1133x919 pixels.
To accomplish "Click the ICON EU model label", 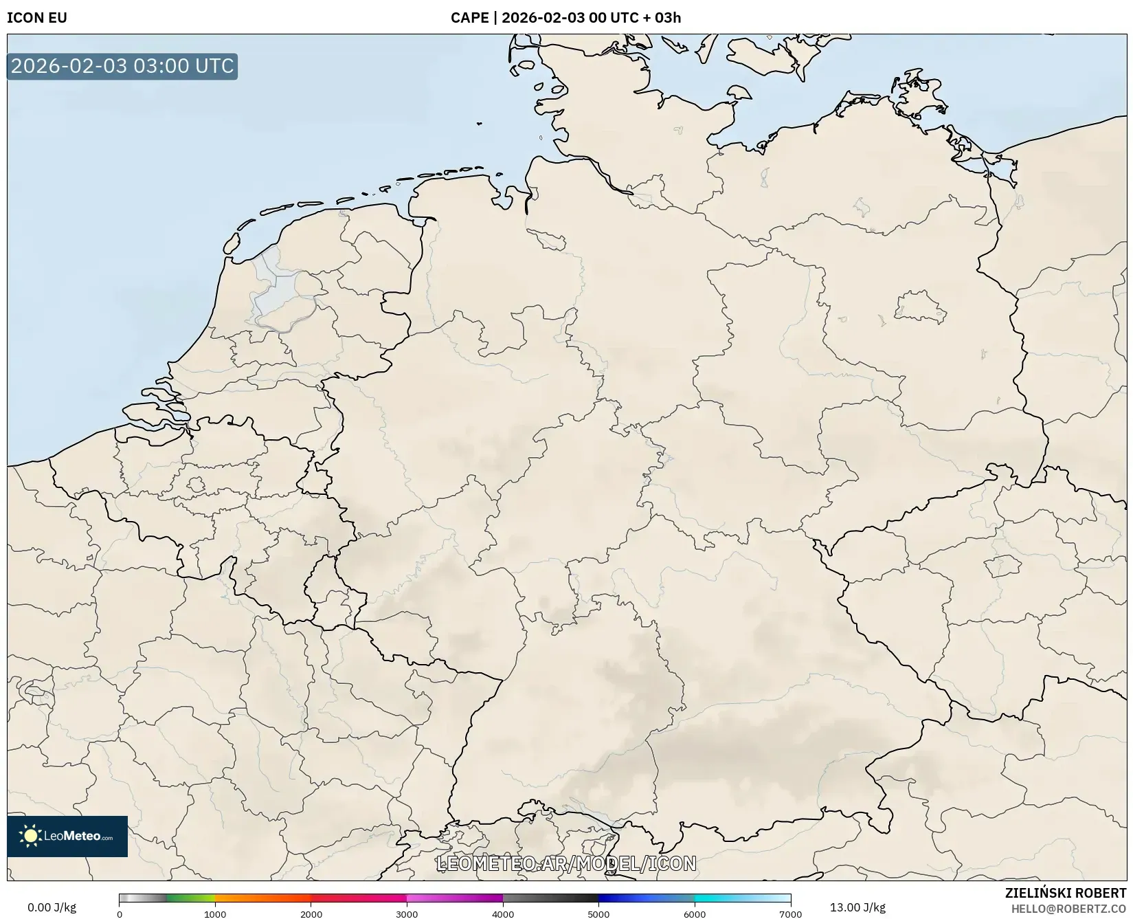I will coord(37,18).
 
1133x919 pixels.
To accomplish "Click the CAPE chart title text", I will coord(565,18).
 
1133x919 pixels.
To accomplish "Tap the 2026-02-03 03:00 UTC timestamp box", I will coord(122,66).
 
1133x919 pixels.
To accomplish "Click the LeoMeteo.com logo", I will coord(67,836).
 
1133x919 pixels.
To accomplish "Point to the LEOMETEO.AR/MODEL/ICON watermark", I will coord(566,863).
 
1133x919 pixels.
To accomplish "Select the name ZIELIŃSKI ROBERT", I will coord(1066,893).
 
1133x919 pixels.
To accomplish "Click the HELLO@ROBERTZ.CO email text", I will coord(1068,909).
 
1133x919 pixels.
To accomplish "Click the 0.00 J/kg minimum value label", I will coord(52,907).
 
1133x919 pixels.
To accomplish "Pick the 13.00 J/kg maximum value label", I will coord(857,907).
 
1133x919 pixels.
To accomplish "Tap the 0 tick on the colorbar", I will coord(120,914).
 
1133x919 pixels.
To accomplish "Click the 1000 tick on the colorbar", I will coord(215,914).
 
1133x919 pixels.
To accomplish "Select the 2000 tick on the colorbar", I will coord(311,914).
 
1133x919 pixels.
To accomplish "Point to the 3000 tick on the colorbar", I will coord(407,914).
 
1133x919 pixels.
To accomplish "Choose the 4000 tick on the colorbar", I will coord(503,914).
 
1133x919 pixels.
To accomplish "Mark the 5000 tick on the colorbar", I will coord(598,914).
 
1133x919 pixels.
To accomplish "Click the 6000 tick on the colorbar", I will coord(695,914).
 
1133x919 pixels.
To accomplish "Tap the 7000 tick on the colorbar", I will coord(790,914).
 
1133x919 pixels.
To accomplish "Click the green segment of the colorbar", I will coord(189,898).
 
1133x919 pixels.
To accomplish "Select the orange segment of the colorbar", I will coord(261,898).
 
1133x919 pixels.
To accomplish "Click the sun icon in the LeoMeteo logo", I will coord(30,836).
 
